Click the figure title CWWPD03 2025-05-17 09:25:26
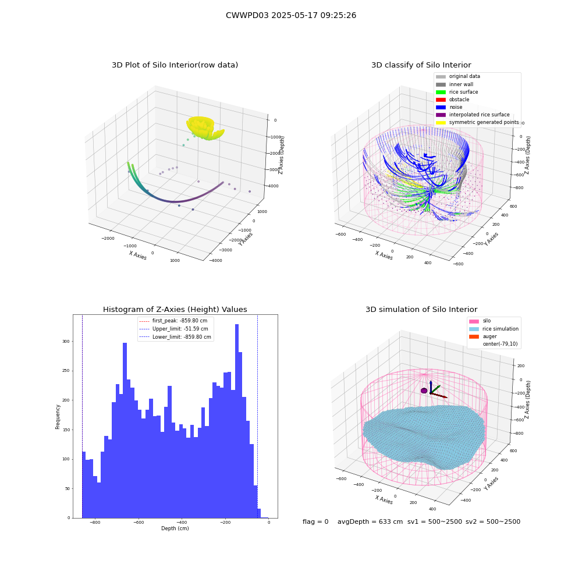tap(291, 15)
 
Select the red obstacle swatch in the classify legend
tap(441, 100)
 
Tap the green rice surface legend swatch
tap(441, 92)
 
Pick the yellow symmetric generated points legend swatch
tap(441, 122)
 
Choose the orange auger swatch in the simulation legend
tap(474, 336)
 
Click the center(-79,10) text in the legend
tap(500, 344)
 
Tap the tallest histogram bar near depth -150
tap(237, 421)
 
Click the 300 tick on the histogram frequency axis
tap(66, 342)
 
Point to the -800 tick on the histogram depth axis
tap(95, 522)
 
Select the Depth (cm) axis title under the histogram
tap(175, 528)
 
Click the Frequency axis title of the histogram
tap(58, 417)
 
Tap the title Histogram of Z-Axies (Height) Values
tap(175, 310)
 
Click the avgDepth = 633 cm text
tap(370, 521)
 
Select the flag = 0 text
tap(315, 521)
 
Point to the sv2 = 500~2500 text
tap(493, 521)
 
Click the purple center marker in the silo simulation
tap(424, 391)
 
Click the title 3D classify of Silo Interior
tap(421, 65)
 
